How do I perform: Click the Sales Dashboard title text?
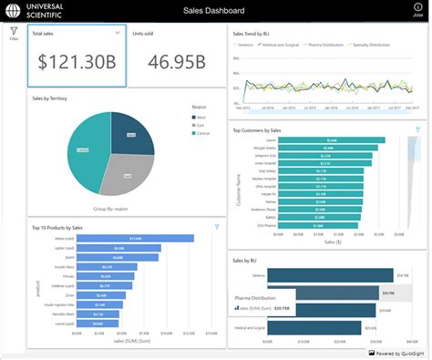215,11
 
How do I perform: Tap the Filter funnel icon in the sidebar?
14,32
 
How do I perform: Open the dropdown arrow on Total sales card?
118,32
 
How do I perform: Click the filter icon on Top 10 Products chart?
217,226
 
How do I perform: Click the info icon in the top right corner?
417,8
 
